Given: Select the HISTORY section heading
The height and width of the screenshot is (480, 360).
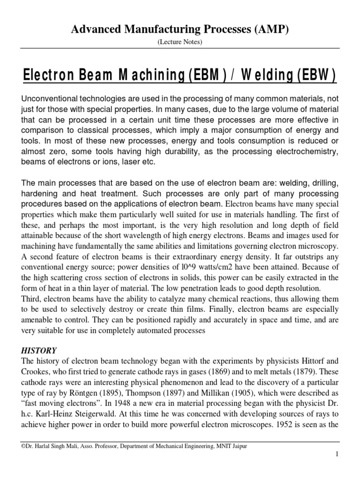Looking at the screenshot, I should tap(39, 350).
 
